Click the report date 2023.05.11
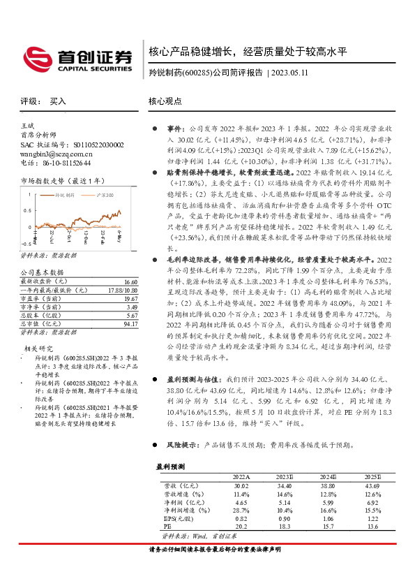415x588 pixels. pyautogui.click(x=304, y=72)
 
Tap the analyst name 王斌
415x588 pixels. pyautogui.click(x=27, y=125)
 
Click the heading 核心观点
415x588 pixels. pyautogui.click(x=165, y=101)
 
